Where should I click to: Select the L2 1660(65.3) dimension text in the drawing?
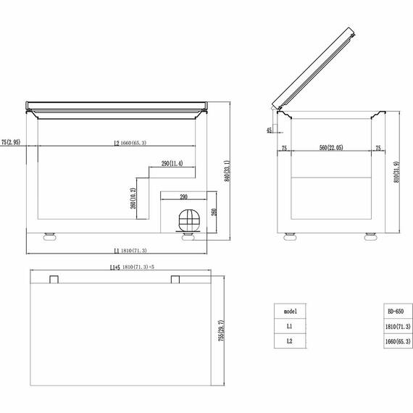pos(130,143)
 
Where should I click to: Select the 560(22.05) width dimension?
pos(330,148)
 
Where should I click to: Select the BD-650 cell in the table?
pos(395,311)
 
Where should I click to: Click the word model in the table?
pos(290,311)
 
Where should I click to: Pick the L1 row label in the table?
pos(290,326)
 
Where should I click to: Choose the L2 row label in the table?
pos(290,341)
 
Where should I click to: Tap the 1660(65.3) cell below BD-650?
pos(395,341)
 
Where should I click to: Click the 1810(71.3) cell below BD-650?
pos(395,326)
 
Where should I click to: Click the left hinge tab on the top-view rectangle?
pos(54,279)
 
